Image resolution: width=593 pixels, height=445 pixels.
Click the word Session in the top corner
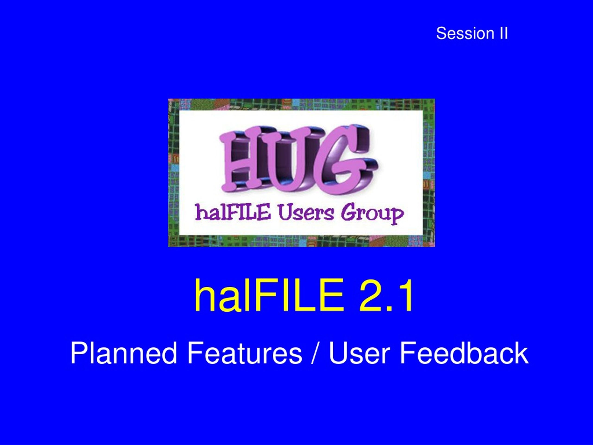[x=465, y=34]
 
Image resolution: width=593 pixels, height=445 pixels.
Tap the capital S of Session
[x=441, y=34]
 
